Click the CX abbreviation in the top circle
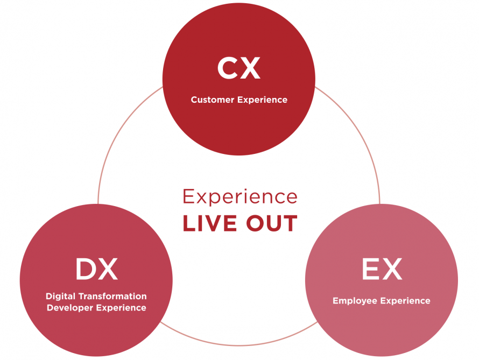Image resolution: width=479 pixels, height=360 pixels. [x=239, y=68]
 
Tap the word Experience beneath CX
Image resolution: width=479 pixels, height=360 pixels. [x=263, y=100]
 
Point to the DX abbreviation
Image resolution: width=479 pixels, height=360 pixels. [x=96, y=269]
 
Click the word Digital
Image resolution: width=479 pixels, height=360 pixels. [x=60, y=297]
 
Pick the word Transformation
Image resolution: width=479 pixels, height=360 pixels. [x=112, y=296]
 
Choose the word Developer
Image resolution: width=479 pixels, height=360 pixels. [x=70, y=308]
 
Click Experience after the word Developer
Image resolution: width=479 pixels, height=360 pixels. [x=121, y=308]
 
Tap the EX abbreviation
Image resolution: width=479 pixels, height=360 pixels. [x=382, y=269]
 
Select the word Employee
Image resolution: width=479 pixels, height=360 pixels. [x=355, y=301]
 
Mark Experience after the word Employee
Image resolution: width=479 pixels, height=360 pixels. [x=405, y=301]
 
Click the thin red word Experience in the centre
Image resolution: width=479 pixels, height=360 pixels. [x=240, y=197]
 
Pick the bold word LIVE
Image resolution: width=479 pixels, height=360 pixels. [x=209, y=223]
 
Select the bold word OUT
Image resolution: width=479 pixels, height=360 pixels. [x=272, y=223]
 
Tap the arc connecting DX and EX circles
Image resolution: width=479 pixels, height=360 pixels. [x=239, y=345]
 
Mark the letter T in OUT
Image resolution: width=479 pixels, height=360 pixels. [x=290, y=223]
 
